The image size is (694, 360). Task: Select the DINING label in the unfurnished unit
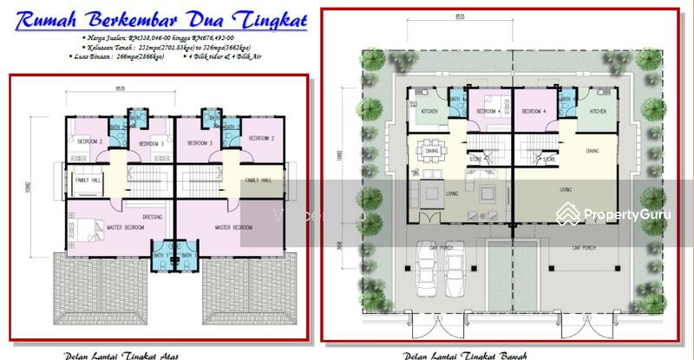592,151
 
